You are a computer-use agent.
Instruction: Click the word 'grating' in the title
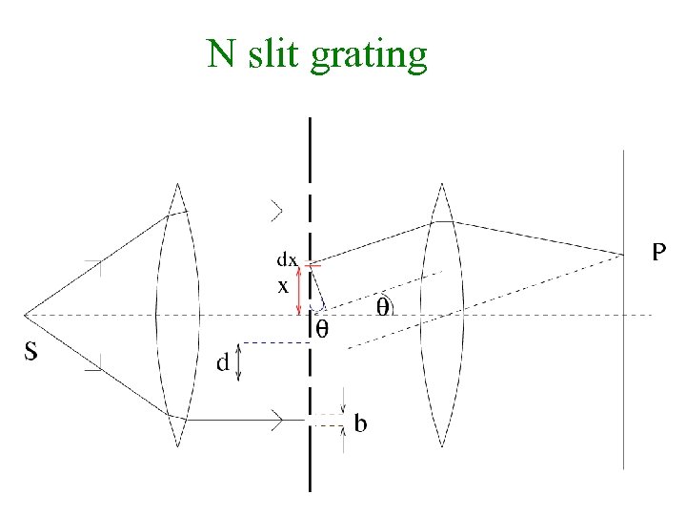(x=369, y=56)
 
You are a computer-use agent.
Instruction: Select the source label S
(x=30, y=352)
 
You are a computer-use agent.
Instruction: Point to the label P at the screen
(x=658, y=252)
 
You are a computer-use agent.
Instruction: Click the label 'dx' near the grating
(x=287, y=258)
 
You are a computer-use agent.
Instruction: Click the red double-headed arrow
(x=300, y=290)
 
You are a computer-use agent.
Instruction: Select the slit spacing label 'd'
(x=222, y=362)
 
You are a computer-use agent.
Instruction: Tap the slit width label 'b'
(x=360, y=422)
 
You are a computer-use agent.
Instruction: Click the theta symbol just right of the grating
(x=322, y=330)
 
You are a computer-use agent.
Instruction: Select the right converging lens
(x=441, y=315)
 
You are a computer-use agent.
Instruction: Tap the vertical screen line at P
(x=624, y=381)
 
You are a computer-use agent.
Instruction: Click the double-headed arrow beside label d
(x=239, y=362)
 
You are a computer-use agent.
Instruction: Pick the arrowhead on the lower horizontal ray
(x=278, y=418)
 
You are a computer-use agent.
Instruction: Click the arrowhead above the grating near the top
(x=277, y=208)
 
